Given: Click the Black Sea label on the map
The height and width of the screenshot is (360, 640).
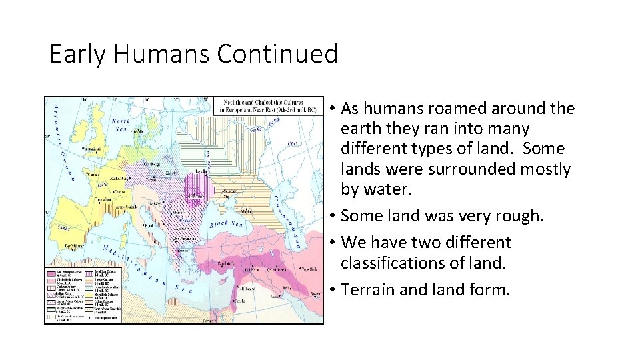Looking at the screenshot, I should click(229, 224).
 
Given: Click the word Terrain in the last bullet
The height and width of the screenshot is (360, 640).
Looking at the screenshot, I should click(367, 289).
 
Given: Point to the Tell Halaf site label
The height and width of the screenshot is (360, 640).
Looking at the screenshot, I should click(251, 270).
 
